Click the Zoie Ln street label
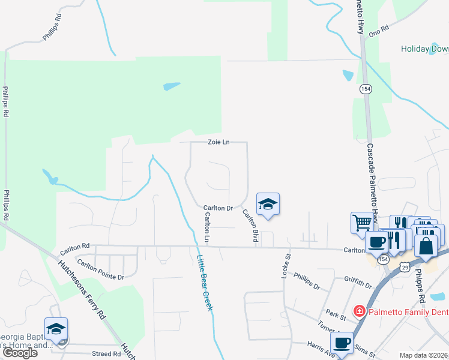pyautogui.click(x=218, y=142)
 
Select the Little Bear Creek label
pyautogui.click(x=205, y=282)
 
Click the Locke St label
pyautogui.click(x=286, y=264)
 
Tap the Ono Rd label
pyautogui.click(x=379, y=28)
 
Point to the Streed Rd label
pyautogui.click(x=106, y=354)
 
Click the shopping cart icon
pyautogui.click(x=362, y=223)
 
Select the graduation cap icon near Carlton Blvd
pyautogui.click(x=268, y=205)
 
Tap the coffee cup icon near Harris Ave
pyautogui.click(x=342, y=343)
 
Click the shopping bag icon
pyautogui.click(x=425, y=246)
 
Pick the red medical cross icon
pyautogui.click(x=359, y=311)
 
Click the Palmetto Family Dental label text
pyautogui.click(x=408, y=311)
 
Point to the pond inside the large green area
pyautogui.click(x=171, y=86)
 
